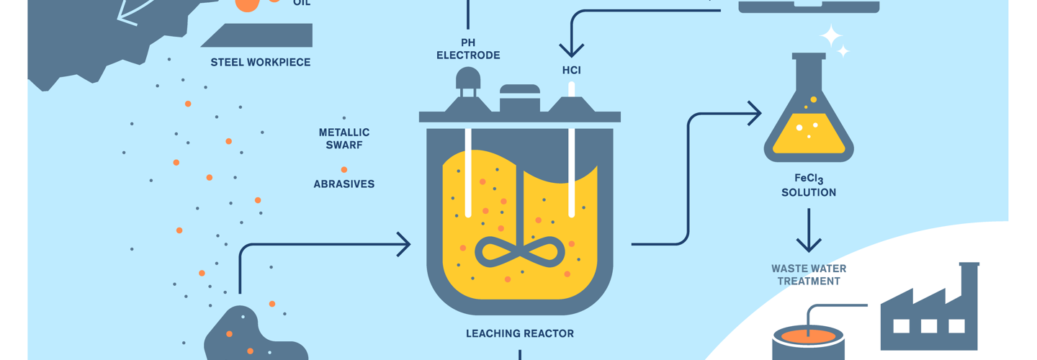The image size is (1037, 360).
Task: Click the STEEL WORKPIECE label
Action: point(261,63)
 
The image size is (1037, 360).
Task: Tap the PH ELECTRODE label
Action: point(468,49)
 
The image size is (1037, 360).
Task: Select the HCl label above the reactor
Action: point(572,71)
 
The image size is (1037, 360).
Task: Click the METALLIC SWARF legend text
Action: point(344,138)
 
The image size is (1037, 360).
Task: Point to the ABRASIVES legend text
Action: point(344,184)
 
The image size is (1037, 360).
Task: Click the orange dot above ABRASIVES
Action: point(344,170)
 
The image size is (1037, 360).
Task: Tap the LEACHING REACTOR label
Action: point(520,333)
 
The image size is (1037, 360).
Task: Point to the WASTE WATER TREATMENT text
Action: point(809,274)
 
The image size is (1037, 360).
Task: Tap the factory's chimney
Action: point(969,281)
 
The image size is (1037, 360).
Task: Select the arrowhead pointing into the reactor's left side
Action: point(404,245)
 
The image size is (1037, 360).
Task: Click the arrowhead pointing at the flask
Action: point(755,113)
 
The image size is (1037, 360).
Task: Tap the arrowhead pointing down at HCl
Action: point(572,50)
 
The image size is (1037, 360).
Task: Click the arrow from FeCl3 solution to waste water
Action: point(809,230)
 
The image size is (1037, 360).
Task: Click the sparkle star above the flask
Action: point(832,35)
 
